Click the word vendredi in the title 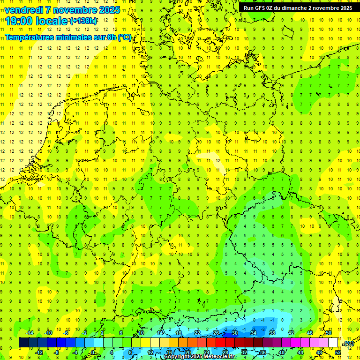[x=25, y=10]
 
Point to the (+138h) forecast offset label [x=83, y=21]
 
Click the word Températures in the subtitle [x=32, y=37]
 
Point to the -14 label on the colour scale [x=29, y=333]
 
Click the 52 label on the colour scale [x=338, y=352]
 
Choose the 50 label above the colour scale [x=329, y=333]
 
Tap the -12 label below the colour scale [x=39, y=352]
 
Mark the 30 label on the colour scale [x=235, y=333]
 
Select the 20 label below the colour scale [x=188, y=352]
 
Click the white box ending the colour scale [x=333, y=343]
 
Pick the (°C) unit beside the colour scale [x=348, y=343]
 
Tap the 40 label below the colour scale [x=282, y=352]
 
